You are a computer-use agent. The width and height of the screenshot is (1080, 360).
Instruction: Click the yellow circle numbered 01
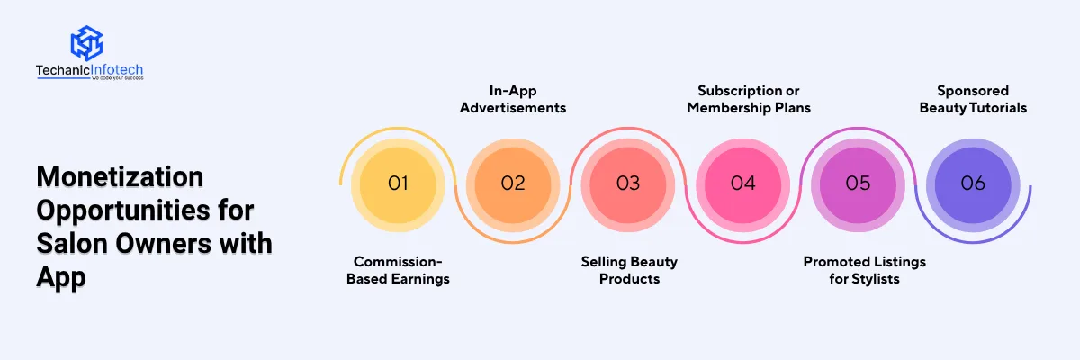(398, 184)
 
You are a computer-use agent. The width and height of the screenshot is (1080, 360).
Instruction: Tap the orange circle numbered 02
(513, 184)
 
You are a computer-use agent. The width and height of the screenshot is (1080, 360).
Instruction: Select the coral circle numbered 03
(628, 184)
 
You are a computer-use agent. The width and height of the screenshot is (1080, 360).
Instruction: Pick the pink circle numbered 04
(743, 184)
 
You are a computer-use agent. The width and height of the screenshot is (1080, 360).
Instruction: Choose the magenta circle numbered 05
(859, 184)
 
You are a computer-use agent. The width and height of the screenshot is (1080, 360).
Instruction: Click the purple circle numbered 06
(973, 184)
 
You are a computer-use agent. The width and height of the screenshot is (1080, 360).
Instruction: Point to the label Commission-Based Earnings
(398, 270)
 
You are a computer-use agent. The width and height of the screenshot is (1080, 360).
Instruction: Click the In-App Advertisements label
(513, 99)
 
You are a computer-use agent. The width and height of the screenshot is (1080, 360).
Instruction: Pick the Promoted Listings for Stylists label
(864, 270)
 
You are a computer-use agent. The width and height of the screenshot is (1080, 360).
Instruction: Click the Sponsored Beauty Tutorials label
(973, 99)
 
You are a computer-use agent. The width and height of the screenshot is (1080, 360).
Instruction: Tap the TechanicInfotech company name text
(89, 70)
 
